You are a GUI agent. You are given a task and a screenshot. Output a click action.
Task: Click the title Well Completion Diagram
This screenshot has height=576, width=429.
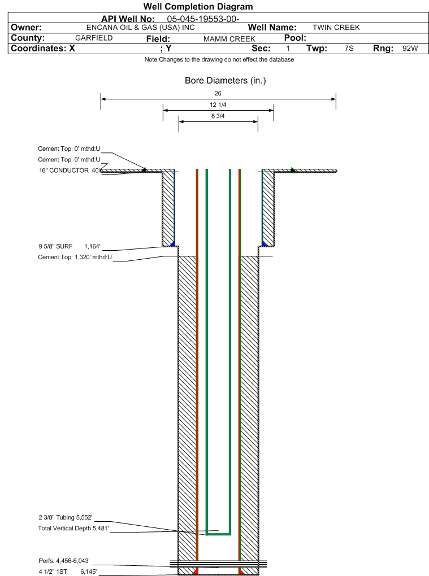coord(198,7)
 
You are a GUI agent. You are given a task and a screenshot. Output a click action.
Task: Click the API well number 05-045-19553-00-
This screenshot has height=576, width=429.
coord(204,19)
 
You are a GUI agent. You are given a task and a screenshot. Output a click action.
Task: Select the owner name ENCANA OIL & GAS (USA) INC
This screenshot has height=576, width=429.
coord(141,28)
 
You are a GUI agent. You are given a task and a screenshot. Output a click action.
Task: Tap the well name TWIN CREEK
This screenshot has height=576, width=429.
coord(336,28)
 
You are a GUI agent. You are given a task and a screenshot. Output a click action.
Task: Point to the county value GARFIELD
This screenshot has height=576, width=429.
coord(94,38)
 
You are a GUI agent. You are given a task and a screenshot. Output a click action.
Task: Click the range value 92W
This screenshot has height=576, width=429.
coord(410,49)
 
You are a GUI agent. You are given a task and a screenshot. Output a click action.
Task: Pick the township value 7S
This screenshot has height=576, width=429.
coord(349,49)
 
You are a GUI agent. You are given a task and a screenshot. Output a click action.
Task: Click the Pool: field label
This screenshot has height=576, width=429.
coord(294,38)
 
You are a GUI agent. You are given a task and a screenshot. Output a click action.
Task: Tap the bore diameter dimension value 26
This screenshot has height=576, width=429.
coord(218,93)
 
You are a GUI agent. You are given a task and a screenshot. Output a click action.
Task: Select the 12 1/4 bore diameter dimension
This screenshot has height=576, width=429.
coord(218,105)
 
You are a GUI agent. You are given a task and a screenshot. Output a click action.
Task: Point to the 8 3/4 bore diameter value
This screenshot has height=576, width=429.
coord(218,116)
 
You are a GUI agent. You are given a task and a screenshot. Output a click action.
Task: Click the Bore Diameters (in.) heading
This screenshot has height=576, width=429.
coord(225,81)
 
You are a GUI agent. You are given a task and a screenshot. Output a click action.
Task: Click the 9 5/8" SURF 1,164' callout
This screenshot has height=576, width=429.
coord(70,246)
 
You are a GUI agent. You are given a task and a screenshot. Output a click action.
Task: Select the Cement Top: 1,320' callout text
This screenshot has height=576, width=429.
coord(75,258)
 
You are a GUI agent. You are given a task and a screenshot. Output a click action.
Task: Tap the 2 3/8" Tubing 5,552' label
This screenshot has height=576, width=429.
coord(65,517)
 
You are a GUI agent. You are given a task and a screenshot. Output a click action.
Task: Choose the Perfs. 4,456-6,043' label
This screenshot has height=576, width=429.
coord(64,561)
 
